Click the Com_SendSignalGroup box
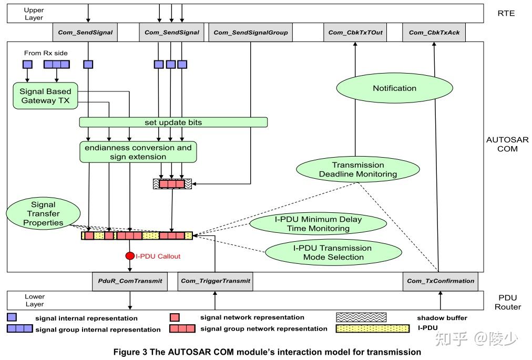point(250,33)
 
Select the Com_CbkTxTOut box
point(355,33)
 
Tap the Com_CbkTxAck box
point(434,33)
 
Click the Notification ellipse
point(394,88)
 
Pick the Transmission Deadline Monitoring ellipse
point(358,169)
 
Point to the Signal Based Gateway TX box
point(45,96)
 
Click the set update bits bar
point(173,122)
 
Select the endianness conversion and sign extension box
point(138,152)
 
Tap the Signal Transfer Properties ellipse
point(43,214)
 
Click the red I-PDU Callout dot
point(130,256)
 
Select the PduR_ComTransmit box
point(130,281)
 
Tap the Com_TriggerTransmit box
point(215,281)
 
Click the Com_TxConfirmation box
point(440,281)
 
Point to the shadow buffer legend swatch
point(361,317)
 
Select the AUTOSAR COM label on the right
point(502,144)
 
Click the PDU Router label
point(502,302)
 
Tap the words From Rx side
point(46,53)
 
